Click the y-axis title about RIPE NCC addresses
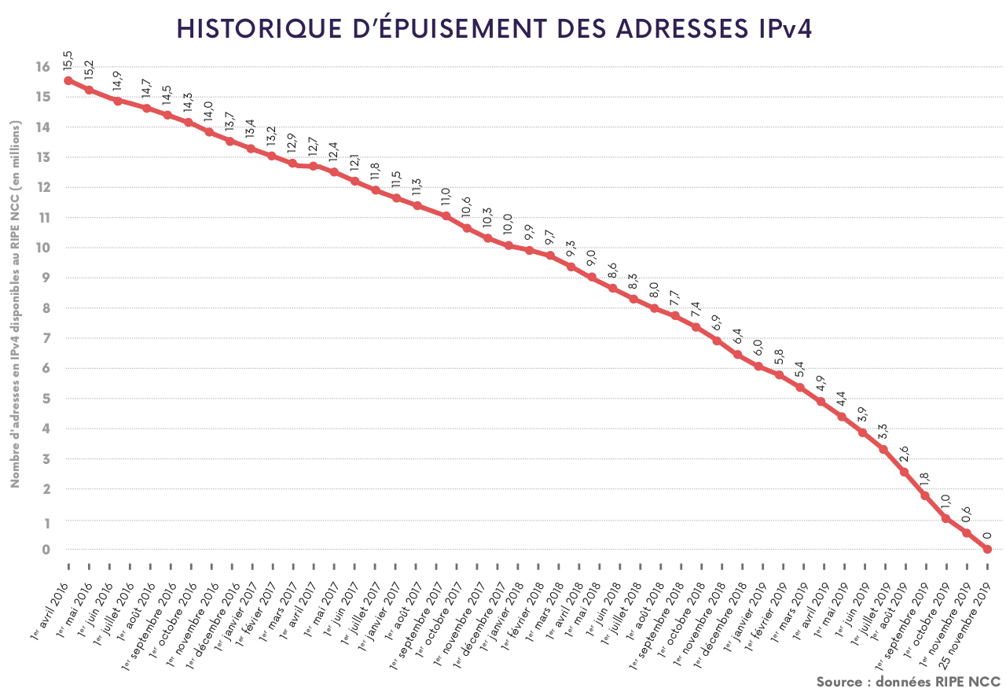15,304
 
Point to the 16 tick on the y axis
42,67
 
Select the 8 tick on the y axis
46,308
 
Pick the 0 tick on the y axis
46,550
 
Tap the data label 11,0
446,196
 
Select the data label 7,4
696,309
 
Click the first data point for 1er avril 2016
68,80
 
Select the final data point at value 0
987,549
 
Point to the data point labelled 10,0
509,245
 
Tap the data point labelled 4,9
821,401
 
